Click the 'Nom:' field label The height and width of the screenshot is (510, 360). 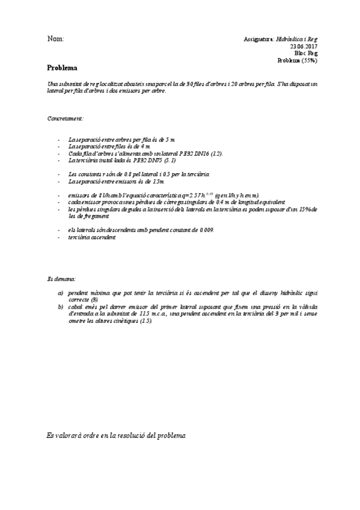pos(55,39)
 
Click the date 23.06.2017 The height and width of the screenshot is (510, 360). pos(304,46)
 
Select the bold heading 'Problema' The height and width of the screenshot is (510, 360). pos(63,68)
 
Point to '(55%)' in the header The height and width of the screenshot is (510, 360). pos(310,60)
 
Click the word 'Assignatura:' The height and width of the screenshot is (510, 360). pos(259,39)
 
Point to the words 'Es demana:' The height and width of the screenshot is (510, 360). pos(61,280)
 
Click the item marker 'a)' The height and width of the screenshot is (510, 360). pos(61,293)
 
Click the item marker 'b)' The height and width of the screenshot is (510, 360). pos(61,307)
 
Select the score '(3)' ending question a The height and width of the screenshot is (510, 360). pos(94,300)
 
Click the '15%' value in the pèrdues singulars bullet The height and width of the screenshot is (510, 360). pos(304,209)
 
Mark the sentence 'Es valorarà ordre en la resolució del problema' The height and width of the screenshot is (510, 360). pos(117,434)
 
